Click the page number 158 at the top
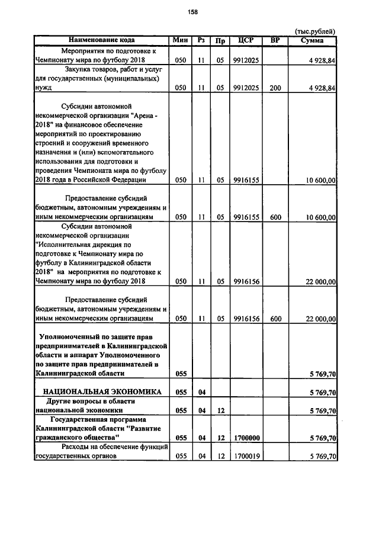pos(192,12)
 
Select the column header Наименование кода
pos(100,40)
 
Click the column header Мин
pos(181,40)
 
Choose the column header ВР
pos(275,40)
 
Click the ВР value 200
pos(275,88)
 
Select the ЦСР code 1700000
pos(245,438)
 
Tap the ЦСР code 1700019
pos(245,457)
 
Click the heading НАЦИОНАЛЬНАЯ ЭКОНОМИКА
pos(101,392)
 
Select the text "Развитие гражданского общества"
pos(101,433)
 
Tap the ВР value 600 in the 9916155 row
pos(275,217)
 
